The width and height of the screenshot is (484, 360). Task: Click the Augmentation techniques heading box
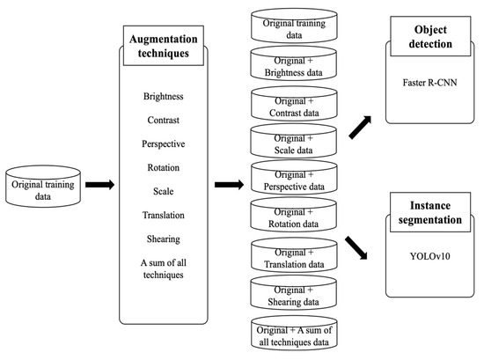coord(164,46)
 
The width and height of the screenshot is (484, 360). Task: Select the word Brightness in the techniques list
coord(164,96)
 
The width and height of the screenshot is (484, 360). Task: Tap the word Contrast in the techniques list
coord(164,120)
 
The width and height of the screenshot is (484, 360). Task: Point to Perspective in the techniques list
coord(164,143)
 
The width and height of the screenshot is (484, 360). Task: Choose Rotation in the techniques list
coord(164,167)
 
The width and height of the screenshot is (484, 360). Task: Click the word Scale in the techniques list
coord(164,191)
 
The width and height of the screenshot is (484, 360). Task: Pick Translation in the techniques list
coord(164,215)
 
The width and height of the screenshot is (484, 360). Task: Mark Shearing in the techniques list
coord(164,239)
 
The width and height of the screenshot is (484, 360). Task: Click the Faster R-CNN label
coord(429,83)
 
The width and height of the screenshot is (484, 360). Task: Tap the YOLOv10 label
coord(429,256)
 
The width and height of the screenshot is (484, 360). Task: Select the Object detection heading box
coord(430,36)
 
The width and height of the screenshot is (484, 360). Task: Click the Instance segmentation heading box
coord(430,212)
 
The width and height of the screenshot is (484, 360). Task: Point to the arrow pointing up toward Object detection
coord(360,128)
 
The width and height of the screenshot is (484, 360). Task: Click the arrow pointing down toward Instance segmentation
coord(356,248)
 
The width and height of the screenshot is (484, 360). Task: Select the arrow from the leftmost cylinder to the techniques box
coord(100,185)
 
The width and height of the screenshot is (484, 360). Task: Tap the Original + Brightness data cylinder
coord(294,63)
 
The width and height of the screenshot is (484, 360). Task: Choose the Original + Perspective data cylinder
coord(294,178)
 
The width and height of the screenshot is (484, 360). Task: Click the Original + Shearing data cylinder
coord(294,293)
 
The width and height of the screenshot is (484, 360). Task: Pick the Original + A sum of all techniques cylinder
coord(294,333)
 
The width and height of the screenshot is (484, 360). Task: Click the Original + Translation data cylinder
coord(294,255)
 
